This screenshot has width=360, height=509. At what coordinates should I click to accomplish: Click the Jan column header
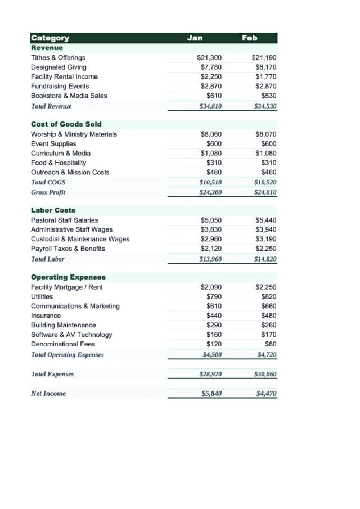(x=195, y=38)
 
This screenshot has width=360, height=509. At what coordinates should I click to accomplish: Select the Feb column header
(x=250, y=38)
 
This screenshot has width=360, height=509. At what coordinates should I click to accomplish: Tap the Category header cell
(x=50, y=38)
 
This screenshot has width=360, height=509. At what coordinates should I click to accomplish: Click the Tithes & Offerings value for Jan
(x=209, y=58)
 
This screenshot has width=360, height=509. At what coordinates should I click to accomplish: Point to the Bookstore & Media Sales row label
(x=69, y=96)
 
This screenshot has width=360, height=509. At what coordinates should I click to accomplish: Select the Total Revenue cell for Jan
(x=210, y=106)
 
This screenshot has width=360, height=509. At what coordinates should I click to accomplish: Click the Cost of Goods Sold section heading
(x=66, y=124)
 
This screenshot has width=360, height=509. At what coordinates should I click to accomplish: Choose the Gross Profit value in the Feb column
(x=265, y=192)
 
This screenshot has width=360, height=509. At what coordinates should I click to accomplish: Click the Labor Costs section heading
(x=53, y=210)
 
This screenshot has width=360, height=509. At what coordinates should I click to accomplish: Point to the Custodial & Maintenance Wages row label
(x=80, y=239)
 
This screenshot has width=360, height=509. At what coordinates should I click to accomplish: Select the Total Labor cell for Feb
(x=265, y=259)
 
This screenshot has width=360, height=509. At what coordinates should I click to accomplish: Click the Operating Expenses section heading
(x=68, y=277)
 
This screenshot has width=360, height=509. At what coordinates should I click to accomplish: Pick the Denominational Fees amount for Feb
(x=271, y=344)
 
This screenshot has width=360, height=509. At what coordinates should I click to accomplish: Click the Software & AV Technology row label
(x=71, y=335)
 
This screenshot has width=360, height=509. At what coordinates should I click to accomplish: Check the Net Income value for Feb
(x=266, y=394)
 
